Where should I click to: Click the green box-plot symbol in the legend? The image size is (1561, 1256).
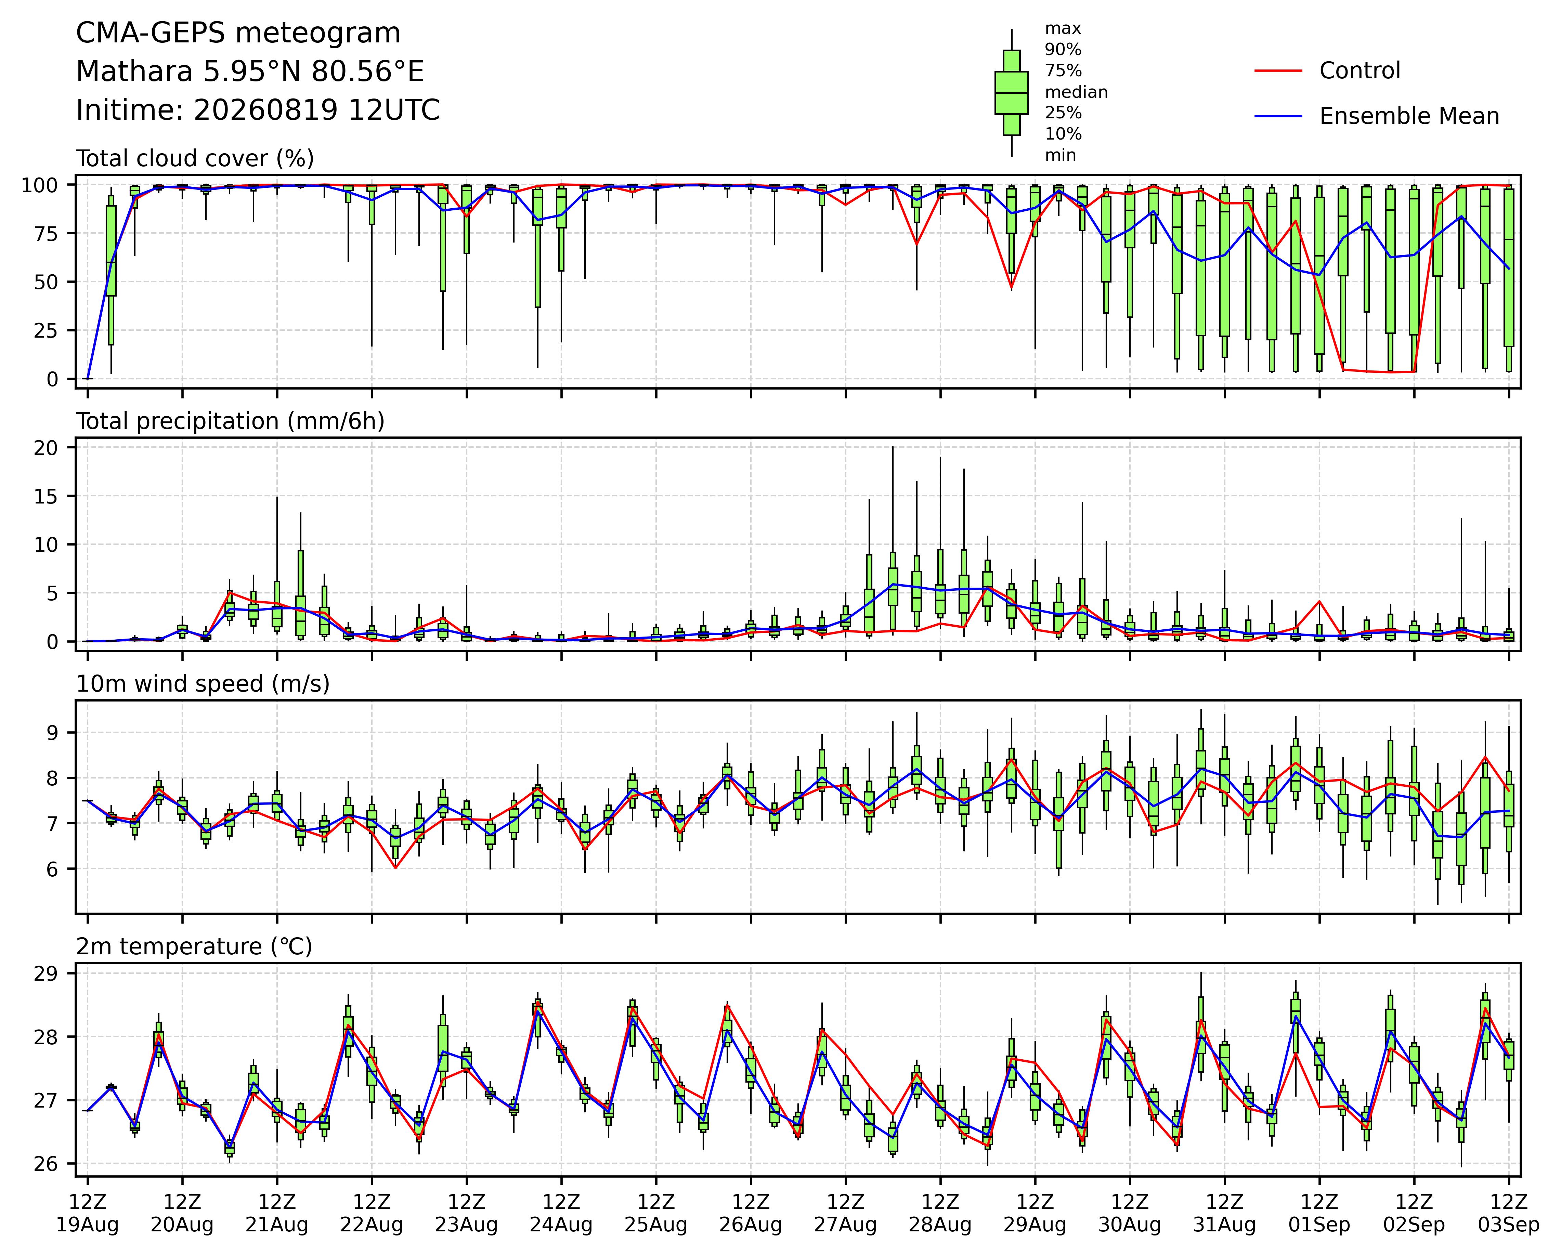point(1012,93)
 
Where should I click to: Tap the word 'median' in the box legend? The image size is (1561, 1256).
point(1076,92)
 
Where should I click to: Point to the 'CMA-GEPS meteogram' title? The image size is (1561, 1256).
point(238,33)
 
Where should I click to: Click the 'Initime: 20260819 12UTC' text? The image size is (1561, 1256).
point(258,110)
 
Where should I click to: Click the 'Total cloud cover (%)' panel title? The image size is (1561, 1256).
point(195,158)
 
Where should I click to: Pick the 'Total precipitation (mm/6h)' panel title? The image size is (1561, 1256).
point(230,421)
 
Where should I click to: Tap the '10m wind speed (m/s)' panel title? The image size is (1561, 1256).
point(203,684)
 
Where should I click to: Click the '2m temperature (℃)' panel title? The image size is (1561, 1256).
point(194,947)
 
